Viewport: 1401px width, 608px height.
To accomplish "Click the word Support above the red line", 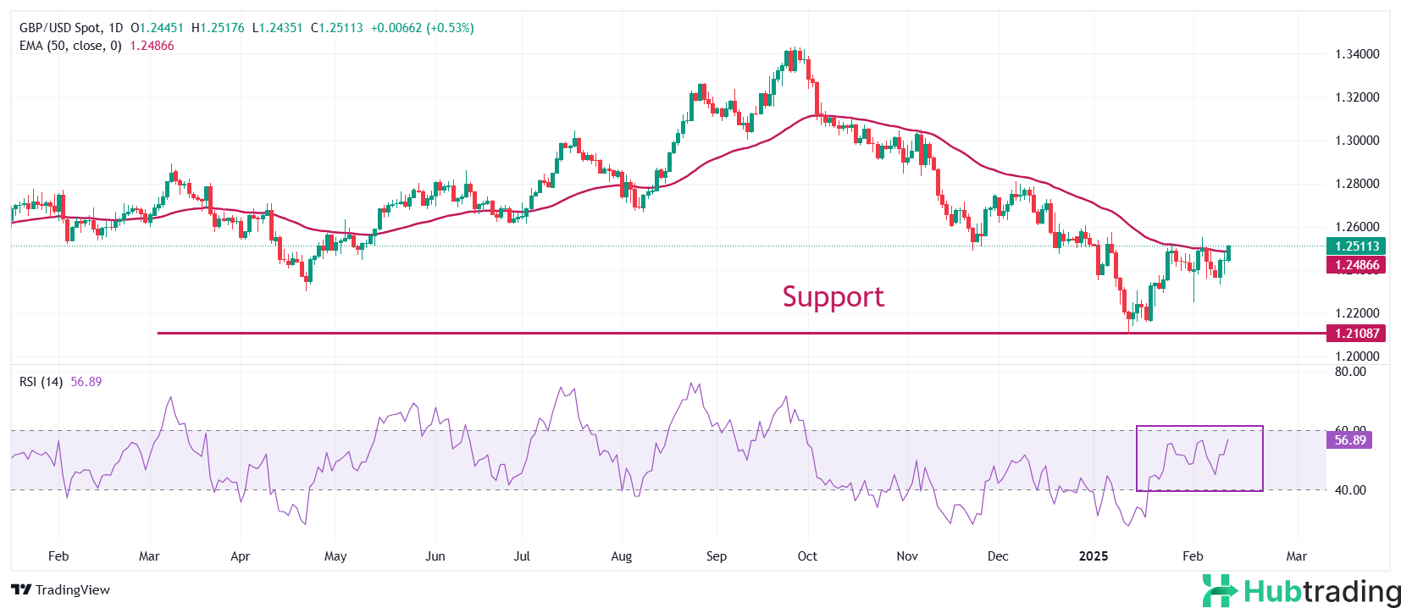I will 833,296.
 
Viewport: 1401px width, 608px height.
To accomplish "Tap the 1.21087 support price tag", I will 1356,334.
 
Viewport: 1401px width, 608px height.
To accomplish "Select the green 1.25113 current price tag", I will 1356,246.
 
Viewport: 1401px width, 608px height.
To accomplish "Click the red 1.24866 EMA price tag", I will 1356,265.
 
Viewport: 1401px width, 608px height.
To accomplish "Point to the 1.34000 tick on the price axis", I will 1357,54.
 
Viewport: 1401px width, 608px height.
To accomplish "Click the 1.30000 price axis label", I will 1357,141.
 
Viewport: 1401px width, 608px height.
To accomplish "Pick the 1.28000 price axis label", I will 1357,184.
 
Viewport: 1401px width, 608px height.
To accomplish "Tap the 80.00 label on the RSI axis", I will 1350,372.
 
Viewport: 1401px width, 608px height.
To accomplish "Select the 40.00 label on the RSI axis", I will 1350,490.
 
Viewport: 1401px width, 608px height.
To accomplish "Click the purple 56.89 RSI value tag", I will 1349,440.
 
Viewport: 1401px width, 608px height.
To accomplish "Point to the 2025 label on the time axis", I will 1093,556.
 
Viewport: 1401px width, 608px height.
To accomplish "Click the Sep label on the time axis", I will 717,556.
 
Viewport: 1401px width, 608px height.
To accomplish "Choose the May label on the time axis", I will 335,556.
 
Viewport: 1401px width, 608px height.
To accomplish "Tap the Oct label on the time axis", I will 807,556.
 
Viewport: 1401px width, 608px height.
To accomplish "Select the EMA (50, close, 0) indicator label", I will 70,46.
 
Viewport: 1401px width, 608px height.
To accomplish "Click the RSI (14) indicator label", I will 41,382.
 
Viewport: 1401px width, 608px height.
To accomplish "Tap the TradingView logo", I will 61,590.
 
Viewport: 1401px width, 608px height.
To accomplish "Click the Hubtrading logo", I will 1301,590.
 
